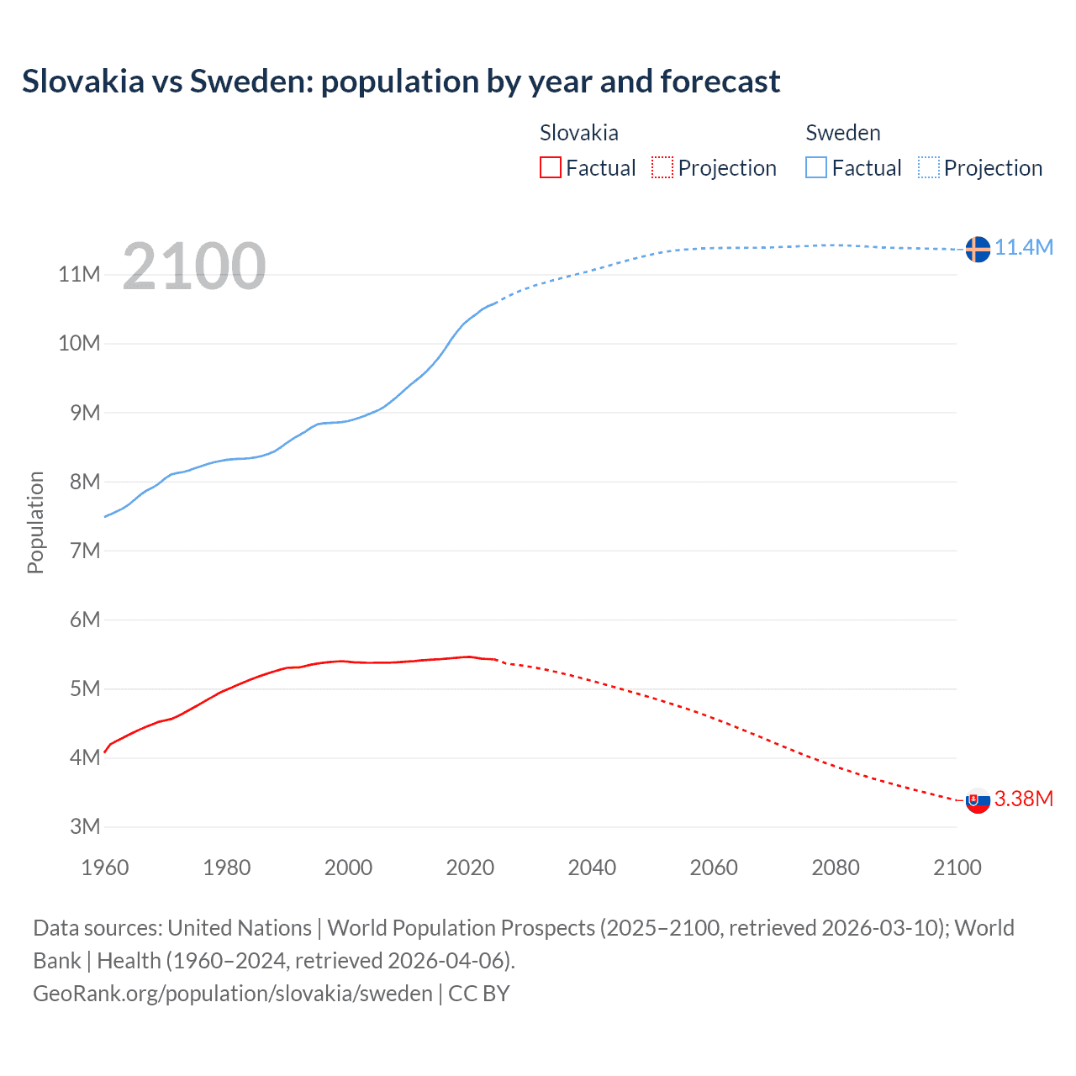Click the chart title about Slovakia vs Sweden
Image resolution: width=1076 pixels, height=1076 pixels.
(x=401, y=82)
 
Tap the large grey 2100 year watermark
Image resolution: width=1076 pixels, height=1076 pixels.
(x=194, y=266)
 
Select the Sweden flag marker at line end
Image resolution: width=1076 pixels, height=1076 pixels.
(x=978, y=249)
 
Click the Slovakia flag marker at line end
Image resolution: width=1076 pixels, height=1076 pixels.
(x=978, y=800)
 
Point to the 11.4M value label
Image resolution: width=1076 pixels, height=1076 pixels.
(x=1024, y=247)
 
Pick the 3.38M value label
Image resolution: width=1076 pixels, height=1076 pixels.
(x=1024, y=799)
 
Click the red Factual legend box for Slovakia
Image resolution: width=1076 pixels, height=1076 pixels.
(x=551, y=168)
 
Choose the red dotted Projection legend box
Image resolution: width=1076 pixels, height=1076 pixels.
(x=662, y=168)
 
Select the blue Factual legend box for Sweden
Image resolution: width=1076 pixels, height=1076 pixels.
(x=816, y=168)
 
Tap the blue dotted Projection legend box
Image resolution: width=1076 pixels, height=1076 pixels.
(x=929, y=168)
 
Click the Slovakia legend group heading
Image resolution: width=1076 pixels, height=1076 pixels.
(x=579, y=133)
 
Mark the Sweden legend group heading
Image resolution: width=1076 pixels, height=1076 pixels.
(x=843, y=133)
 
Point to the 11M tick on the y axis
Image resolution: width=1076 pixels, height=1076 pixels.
(x=80, y=274)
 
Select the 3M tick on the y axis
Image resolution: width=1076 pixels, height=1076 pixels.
(x=84, y=826)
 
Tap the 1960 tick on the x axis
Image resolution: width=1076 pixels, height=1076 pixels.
(x=105, y=868)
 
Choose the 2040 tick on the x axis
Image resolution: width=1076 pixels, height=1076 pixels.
(x=592, y=868)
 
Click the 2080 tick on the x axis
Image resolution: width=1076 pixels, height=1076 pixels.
(x=836, y=868)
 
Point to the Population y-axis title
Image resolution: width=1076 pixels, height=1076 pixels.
(x=35, y=522)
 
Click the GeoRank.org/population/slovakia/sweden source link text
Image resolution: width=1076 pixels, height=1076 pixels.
(x=233, y=994)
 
